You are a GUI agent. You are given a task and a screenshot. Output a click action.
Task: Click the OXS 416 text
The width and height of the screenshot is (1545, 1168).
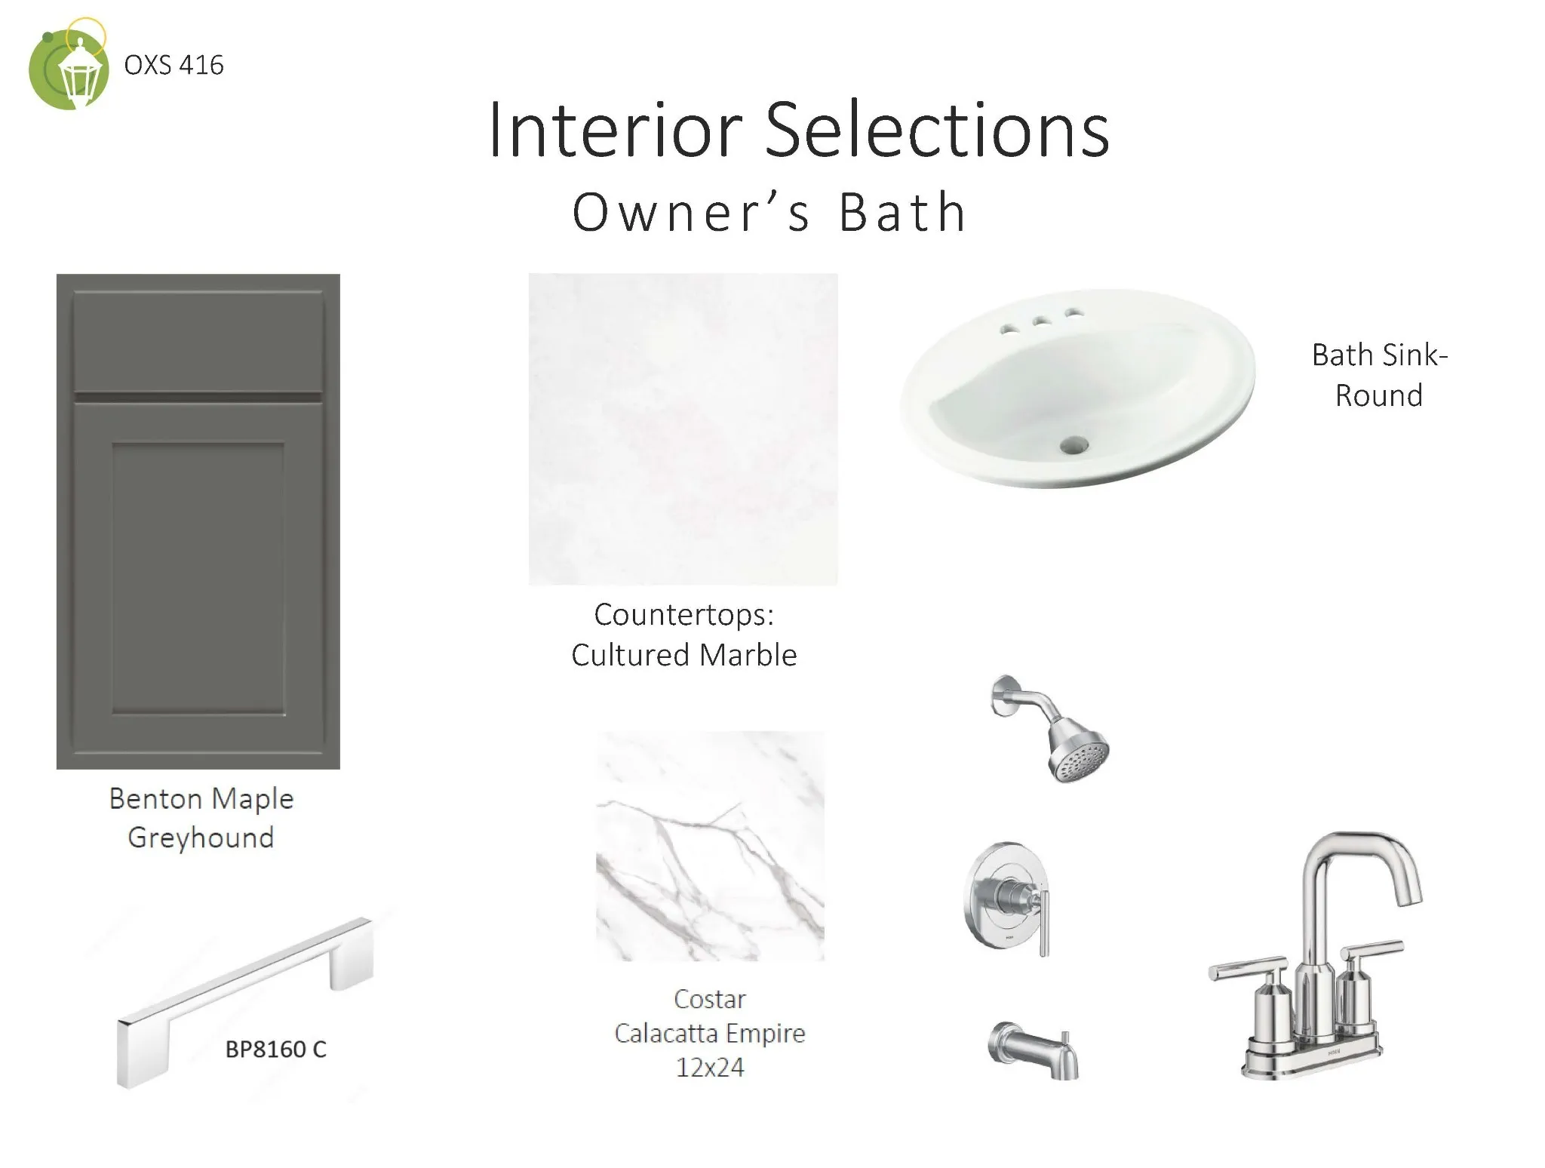[174, 66]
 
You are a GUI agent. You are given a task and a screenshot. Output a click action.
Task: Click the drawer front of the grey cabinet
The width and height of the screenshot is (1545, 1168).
[198, 342]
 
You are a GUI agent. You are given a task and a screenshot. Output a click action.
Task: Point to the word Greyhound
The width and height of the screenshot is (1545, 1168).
[201, 838]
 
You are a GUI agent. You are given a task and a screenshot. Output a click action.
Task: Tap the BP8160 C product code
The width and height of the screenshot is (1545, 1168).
[276, 1050]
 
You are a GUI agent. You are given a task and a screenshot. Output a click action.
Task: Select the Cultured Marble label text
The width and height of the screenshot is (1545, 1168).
[683, 655]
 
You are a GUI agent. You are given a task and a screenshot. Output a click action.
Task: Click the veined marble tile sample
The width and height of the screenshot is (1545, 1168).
[710, 846]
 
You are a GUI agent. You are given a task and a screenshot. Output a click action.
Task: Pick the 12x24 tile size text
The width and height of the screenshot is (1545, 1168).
[709, 1068]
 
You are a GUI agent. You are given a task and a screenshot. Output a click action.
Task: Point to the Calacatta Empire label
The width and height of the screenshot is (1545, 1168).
[710, 1033]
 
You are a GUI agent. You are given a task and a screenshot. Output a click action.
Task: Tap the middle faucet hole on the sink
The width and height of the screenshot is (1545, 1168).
[1042, 322]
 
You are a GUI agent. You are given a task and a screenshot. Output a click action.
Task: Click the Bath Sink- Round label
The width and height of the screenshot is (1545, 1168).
[1380, 375]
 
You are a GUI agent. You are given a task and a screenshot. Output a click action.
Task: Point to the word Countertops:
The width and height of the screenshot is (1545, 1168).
[683, 615]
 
